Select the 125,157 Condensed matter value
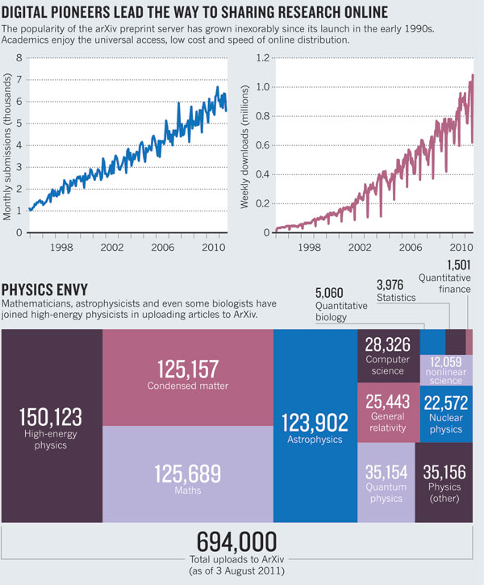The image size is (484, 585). pyautogui.click(x=187, y=370)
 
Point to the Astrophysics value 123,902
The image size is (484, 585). pyautogui.click(x=315, y=422)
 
